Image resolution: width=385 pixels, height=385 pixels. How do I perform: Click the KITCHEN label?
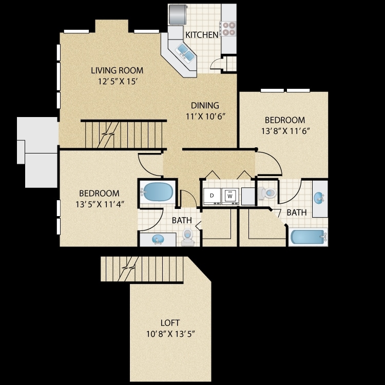click(x=198, y=35)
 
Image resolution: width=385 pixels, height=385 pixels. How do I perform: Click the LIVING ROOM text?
click(x=117, y=70)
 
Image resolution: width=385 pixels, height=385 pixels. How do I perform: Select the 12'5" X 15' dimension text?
click(x=117, y=81)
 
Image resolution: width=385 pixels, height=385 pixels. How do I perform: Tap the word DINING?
click(x=205, y=105)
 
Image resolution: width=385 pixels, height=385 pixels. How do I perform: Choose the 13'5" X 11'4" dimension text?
click(x=99, y=204)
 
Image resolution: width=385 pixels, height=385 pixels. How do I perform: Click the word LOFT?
click(x=170, y=323)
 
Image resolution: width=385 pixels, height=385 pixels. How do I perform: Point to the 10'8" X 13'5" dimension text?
click(x=170, y=334)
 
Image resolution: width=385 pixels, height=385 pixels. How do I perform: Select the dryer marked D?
click(x=211, y=196)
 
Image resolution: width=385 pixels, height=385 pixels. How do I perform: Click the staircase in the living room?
click(x=123, y=134)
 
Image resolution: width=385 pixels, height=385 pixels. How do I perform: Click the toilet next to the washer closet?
click(x=267, y=192)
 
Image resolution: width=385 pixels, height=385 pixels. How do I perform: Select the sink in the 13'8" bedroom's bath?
click(x=320, y=197)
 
